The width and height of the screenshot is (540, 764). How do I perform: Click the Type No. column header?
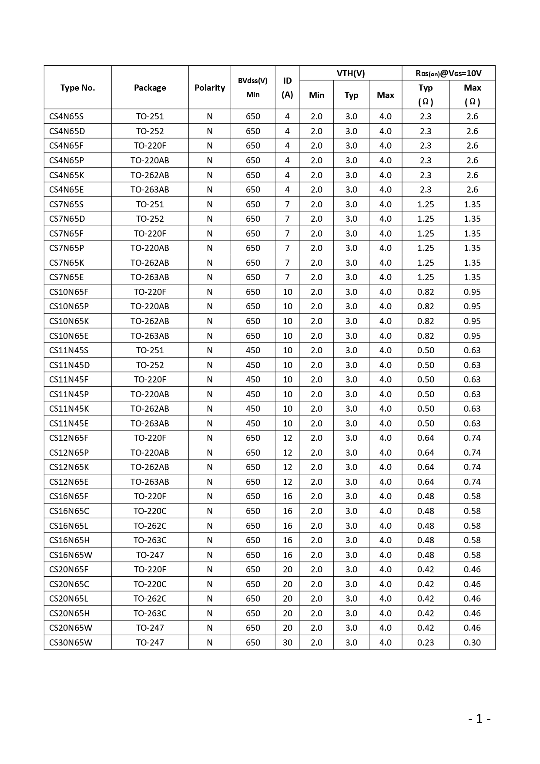[x=77, y=88]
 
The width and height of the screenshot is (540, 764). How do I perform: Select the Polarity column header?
[x=209, y=88]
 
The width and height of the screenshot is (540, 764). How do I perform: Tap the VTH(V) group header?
[x=350, y=73]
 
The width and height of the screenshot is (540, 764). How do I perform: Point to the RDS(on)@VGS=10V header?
[x=448, y=73]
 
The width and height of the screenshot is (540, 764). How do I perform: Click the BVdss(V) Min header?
[x=252, y=88]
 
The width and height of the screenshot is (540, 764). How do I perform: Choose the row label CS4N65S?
[x=66, y=116]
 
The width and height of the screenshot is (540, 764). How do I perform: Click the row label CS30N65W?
[x=70, y=642]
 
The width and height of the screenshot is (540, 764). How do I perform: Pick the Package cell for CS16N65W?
[x=150, y=555]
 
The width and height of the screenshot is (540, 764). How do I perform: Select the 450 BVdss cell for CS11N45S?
[x=252, y=350]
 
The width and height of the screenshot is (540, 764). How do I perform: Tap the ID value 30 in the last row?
[x=287, y=642]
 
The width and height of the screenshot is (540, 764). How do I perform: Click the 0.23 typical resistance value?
[x=425, y=642]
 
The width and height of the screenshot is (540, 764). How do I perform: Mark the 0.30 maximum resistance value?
[x=472, y=642]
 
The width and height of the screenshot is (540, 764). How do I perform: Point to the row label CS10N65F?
[x=68, y=292]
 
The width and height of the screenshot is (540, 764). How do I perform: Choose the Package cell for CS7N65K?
[x=150, y=263]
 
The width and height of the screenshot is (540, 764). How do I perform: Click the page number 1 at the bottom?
[x=479, y=719]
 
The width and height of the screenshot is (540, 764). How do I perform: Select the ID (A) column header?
[x=287, y=88]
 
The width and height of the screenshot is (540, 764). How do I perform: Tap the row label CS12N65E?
[x=68, y=482]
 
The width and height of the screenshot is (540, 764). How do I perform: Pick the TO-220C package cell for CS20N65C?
[x=150, y=584]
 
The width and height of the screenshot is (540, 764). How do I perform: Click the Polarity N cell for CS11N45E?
[x=209, y=423]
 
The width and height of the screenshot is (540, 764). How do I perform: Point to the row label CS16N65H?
[x=69, y=540]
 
